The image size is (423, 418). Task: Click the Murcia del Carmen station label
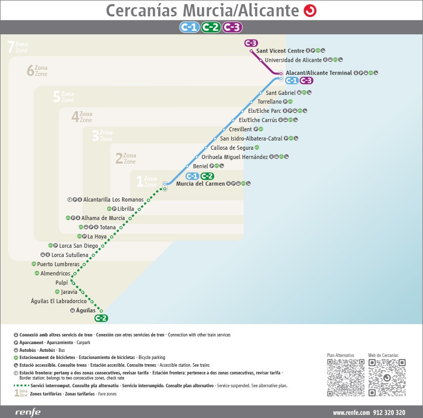[x=200, y=184]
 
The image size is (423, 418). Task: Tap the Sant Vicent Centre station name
[x=280, y=51]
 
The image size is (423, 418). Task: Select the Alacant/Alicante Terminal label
[x=318, y=73]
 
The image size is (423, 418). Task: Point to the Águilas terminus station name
[x=86, y=310]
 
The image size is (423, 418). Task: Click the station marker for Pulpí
[x=72, y=283]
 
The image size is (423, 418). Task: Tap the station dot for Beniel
[x=187, y=166]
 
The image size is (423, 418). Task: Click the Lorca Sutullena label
[x=70, y=255]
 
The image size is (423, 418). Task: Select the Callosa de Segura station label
[x=232, y=148]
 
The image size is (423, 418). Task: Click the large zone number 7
[x=11, y=47]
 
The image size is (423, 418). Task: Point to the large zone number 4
[x=75, y=117]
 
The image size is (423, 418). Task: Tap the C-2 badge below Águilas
[x=102, y=319]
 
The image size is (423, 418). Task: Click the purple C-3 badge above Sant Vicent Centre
[x=251, y=43]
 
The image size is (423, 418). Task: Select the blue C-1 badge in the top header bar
[x=189, y=28]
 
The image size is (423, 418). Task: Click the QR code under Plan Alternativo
[x=346, y=377]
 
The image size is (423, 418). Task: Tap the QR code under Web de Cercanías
[x=387, y=377]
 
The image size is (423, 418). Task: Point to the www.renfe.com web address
[x=351, y=412]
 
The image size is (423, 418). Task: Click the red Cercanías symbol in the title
[x=310, y=10]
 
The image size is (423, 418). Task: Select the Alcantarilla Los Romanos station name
[x=113, y=200]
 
